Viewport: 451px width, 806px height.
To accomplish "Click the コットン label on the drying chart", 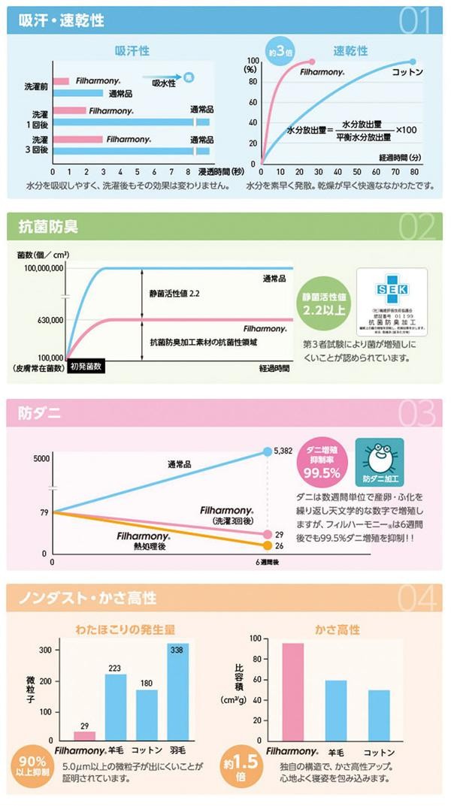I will point(407,72).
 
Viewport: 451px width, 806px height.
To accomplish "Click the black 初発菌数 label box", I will point(86,367).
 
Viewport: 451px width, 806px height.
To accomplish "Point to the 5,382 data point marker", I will point(268,451).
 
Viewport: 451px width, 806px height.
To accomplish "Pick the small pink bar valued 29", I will point(83,734).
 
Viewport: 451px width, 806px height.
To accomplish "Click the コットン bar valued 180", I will point(147,714).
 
